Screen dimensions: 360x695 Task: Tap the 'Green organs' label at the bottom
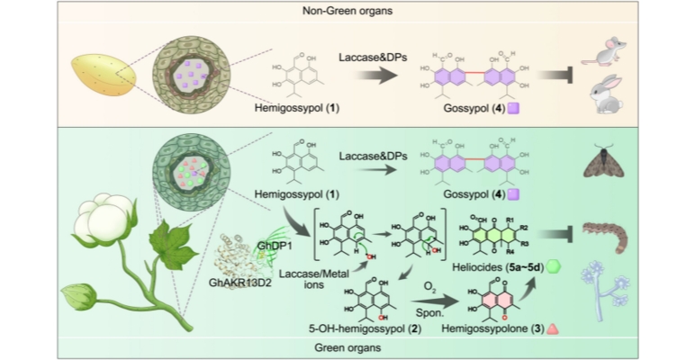click(x=347, y=346)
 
